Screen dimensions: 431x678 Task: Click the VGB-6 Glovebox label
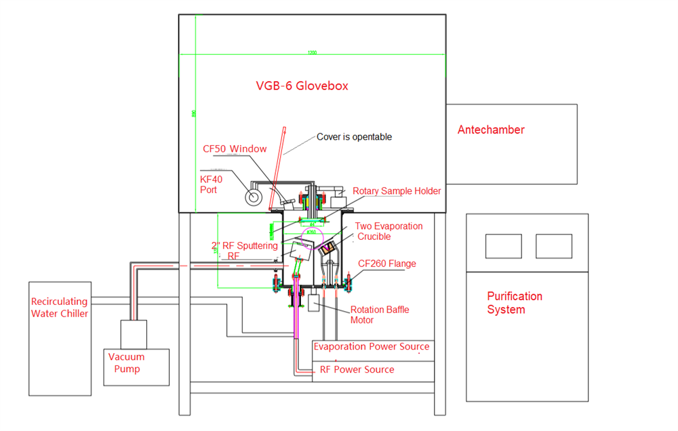[x=302, y=86]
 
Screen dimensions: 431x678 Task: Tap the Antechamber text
[x=491, y=129]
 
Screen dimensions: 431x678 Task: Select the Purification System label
[x=515, y=303]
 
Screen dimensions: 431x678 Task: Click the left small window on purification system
[x=503, y=246]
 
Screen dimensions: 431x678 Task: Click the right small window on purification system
[x=553, y=246]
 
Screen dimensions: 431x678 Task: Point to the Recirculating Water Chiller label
[x=60, y=307]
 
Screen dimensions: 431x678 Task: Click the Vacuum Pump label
[x=127, y=363]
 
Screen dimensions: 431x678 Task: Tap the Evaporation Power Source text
[x=371, y=347]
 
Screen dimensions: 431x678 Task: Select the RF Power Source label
[x=357, y=369]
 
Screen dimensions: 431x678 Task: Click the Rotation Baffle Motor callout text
[x=379, y=315]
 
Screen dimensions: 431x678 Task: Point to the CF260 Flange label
[x=386, y=264]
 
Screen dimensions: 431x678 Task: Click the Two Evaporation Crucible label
[x=388, y=231]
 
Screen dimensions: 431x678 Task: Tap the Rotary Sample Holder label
[x=397, y=191]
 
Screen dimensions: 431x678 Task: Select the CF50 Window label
[x=235, y=148]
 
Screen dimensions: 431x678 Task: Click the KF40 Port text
[x=210, y=184]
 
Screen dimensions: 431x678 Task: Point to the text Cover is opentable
[x=354, y=137]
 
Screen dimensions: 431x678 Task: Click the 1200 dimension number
[x=312, y=53]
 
